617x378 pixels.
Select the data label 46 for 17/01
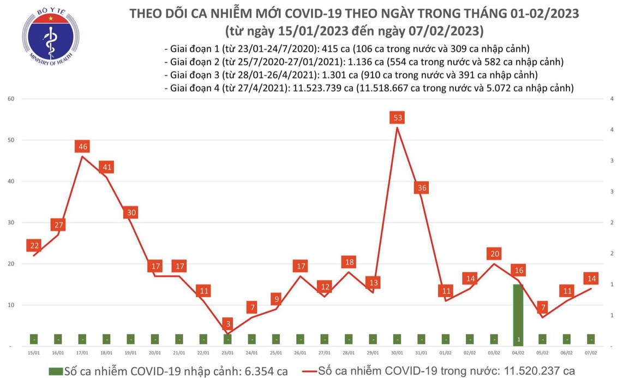click(83, 146)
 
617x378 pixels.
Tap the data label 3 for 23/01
click(228, 323)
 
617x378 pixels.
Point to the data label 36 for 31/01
click(422, 188)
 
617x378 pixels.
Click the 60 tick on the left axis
click(10, 99)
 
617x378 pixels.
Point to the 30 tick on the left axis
click(10, 223)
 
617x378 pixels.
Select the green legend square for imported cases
click(55, 371)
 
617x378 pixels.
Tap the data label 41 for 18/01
click(107, 167)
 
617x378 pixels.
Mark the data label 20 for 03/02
click(494, 254)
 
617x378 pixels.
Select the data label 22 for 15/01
click(34, 246)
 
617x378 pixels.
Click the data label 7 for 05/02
click(542, 308)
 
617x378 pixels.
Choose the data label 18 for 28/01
click(349, 262)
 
